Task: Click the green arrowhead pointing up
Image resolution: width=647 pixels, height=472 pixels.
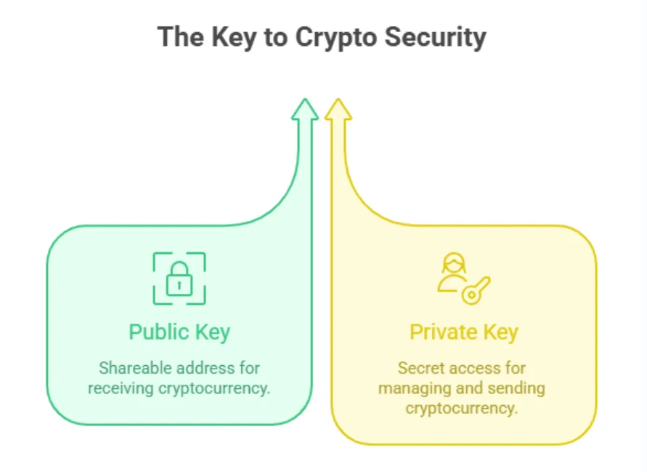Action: tap(305, 109)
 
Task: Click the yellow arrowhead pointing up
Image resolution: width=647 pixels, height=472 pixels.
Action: tap(338, 109)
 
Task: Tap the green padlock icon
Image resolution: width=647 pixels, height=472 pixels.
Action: tap(179, 279)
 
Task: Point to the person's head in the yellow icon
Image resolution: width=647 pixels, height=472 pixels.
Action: tap(454, 263)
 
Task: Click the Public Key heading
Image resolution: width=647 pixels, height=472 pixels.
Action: tap(179, 332)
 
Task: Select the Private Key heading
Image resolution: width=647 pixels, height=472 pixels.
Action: tap(464, 332)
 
